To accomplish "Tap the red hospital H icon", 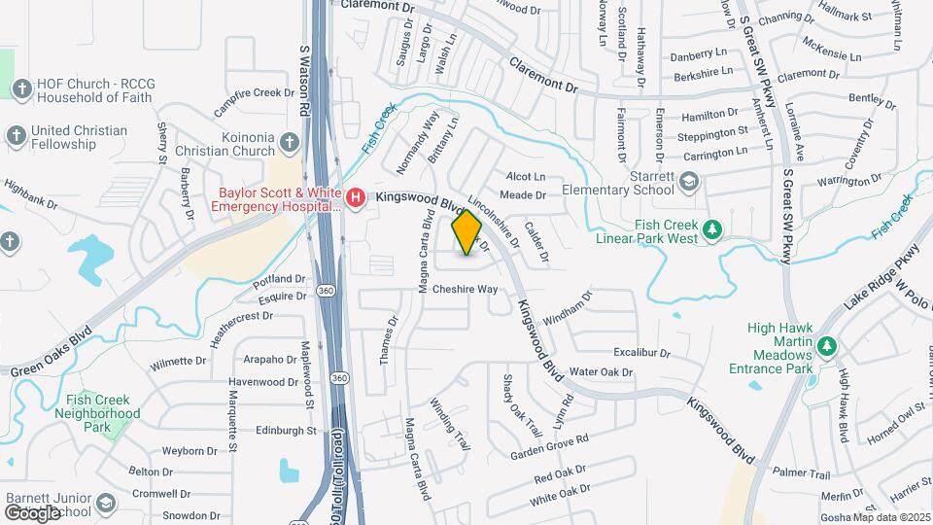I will (356, 199).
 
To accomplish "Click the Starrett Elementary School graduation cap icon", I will (689, 182).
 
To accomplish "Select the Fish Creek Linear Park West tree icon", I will (714, 229).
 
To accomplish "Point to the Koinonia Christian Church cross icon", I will (289, 144).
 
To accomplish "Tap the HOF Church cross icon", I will (21, 89).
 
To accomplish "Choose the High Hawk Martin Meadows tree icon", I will (827, 346).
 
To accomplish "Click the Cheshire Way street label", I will (465, 290).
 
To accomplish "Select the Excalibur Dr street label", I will (642, 351).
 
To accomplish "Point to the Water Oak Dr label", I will (601, 372).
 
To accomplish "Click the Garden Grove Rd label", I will (549, 447).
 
